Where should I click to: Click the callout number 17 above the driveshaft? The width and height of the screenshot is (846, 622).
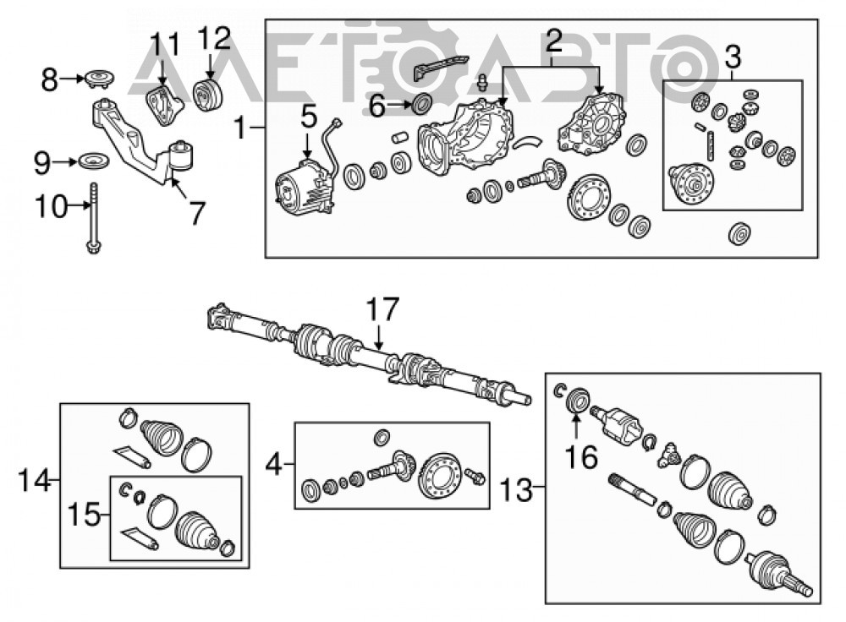coord(382,309)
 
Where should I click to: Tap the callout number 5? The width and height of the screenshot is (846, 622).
coord(309,117)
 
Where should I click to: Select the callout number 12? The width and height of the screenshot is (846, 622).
coord(214,38)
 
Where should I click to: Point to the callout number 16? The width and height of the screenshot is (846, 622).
coord(581,457)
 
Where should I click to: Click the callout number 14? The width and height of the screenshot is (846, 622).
coord(34,479)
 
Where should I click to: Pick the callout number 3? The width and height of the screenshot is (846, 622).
coord(733,57)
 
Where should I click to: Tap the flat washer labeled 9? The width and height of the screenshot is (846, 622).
coord(94,161)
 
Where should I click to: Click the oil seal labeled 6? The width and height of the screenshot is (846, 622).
coord(422,103)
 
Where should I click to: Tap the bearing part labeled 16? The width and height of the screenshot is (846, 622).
coord(577,400)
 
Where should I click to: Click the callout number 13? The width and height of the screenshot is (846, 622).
coord(516,490)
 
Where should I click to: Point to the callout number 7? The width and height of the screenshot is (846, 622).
coord(197,213)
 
